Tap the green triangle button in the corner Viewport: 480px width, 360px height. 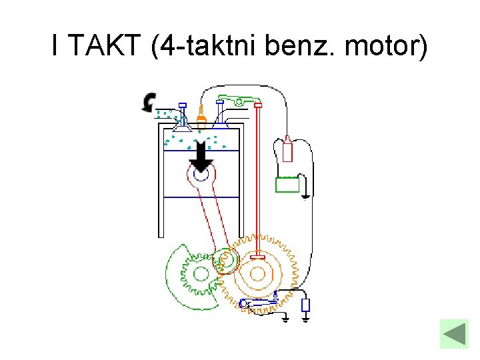[454, 333]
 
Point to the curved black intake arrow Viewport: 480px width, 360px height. [148, 102]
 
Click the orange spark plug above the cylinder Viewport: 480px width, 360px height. [200, 120]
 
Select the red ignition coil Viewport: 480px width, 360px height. [287, 149]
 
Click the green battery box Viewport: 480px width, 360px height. [288, 184]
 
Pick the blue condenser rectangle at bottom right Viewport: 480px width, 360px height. [305, 305]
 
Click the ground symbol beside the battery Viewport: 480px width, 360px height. [305, 197]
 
